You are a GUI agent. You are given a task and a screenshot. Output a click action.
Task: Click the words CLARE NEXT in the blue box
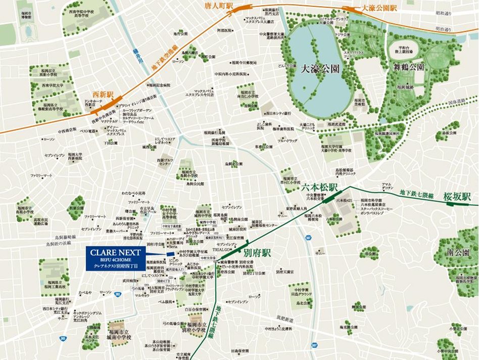click(x=116, y=251)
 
